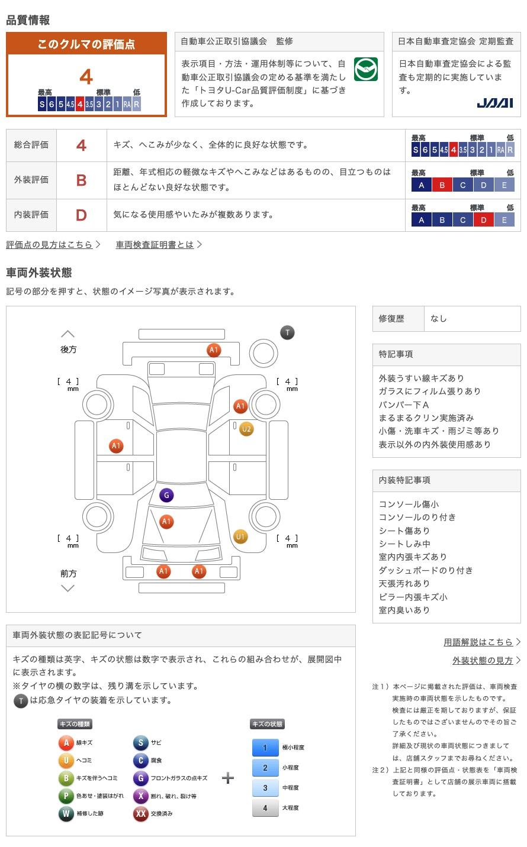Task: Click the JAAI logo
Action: point(495,103)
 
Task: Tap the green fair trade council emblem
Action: point(366,69)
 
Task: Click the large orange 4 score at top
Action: point(86,77)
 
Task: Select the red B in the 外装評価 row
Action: point(81,180)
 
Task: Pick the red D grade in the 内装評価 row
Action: point(81,215)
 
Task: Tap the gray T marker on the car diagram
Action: point(287,333)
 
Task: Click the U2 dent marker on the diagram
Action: point(246,429)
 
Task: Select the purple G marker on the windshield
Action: point(166,495)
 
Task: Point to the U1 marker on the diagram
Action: point(240,536)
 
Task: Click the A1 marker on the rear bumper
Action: point(214,350)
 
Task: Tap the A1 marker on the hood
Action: point(166,522)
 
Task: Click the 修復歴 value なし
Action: point(438,319)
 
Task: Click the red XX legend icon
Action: point(141,813)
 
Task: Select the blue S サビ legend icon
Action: point(141,743)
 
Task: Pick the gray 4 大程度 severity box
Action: point(265,808)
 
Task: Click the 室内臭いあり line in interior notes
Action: point(404,610)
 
